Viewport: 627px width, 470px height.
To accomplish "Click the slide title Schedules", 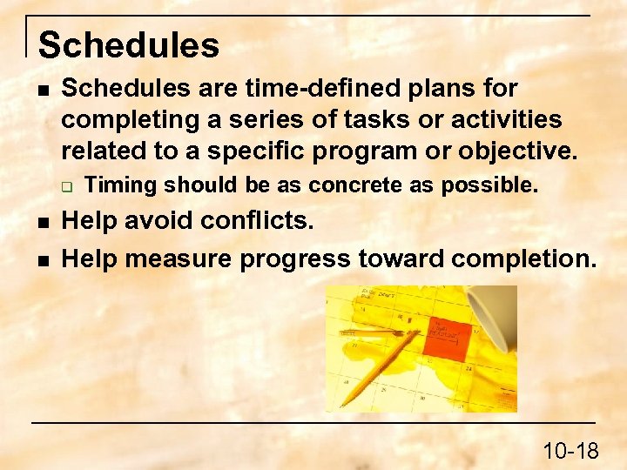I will [129, 45].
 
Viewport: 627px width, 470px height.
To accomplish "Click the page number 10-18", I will [570, 450].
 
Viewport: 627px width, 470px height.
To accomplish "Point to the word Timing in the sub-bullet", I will [124, 185].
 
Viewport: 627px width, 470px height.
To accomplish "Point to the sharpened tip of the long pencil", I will [341, 405].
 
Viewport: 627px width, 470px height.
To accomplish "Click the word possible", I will [490, 185].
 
